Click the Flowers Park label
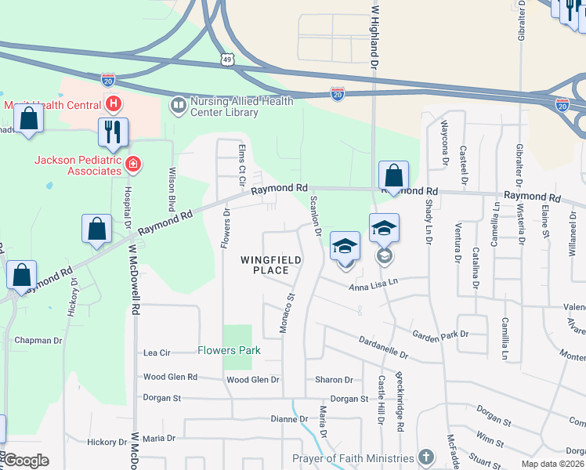click(229, 350)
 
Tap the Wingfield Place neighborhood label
click(265, 265)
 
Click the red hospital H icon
click(114, 103)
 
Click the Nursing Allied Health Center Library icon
click(179, 105)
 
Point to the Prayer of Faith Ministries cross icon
click(425, 457)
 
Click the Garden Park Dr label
click(440, 334)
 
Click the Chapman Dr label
click(38, 341)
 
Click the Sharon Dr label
click(334, 380)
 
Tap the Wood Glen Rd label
click(170, 377)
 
